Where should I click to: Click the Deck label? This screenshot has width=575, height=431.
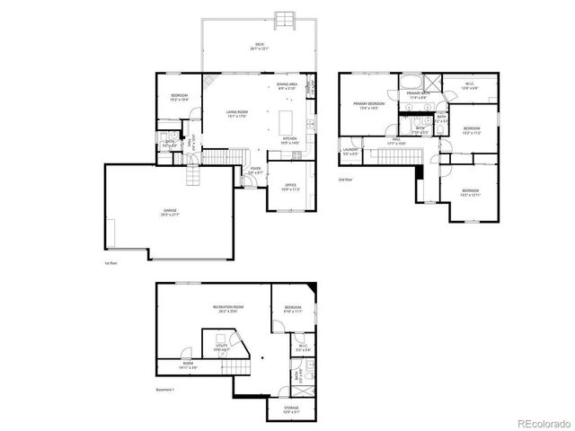point(261,46)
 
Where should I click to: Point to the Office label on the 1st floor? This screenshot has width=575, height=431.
point(289,187)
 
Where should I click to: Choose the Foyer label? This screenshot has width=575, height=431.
point(256,169)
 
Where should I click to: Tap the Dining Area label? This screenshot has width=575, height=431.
point(287,86)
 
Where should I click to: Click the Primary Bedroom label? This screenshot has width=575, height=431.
point(368,104)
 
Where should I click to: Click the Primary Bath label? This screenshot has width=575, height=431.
point(419,94)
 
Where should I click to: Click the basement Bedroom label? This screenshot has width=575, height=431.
point(293,310)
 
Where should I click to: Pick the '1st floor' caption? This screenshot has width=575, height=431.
point(111,264)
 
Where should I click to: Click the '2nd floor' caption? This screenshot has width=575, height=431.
point(345,180)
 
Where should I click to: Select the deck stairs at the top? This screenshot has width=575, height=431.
point(287,19)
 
